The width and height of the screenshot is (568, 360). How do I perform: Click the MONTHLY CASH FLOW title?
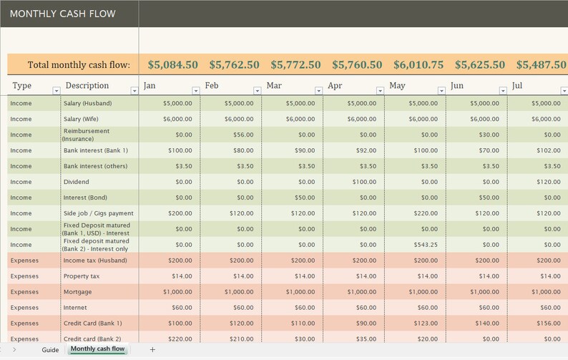[x=63, y=14]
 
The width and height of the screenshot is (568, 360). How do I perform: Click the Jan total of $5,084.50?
[x=172, y=64]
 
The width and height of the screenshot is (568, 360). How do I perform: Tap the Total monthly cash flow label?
[x=79, y=64]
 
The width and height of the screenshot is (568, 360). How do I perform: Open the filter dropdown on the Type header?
[x=57, y=91]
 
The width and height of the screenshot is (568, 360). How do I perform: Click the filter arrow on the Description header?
[x=134, y=91]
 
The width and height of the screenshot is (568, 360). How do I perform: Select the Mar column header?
[x=274, y=86]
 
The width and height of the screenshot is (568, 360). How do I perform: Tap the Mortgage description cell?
[x=77, y=292]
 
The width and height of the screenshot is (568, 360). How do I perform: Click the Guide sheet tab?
[x=50, y=350]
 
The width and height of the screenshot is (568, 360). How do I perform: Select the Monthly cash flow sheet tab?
[x=97, y=349]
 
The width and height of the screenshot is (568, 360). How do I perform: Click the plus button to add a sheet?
[x=152, y=350]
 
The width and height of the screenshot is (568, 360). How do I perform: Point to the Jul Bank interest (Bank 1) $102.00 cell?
[x=547, y=150]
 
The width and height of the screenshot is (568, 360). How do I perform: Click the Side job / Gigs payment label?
[x=98, y=213]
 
